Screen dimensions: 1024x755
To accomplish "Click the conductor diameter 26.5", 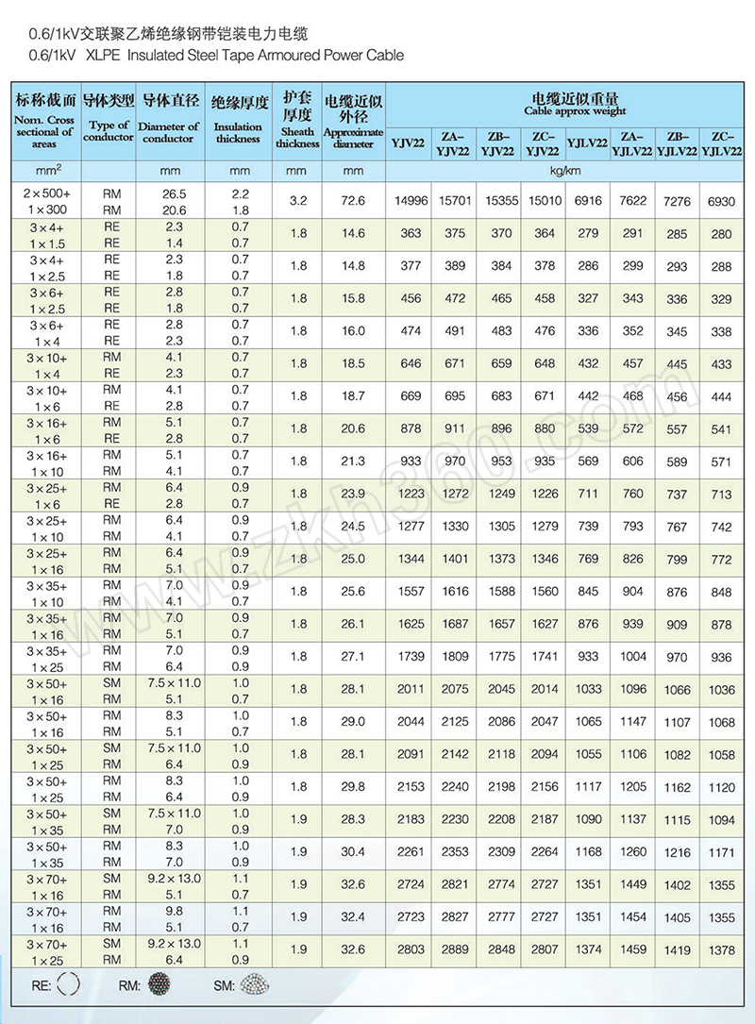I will click(x=173, y=193).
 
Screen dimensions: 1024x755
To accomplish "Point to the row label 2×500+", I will click(x=45, y=193).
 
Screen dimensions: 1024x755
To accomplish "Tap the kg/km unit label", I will click(x=566, y=171).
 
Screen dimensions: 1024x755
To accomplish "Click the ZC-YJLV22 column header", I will click(x=722, y=143).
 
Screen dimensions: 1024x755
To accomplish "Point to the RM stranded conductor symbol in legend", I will click(x=156, y=986).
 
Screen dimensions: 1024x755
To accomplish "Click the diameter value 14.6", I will click(x=353, y=233).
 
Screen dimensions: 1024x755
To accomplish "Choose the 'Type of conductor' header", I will click(x=109, y=131).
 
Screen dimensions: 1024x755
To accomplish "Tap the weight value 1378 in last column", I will click(x=722, y=950).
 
